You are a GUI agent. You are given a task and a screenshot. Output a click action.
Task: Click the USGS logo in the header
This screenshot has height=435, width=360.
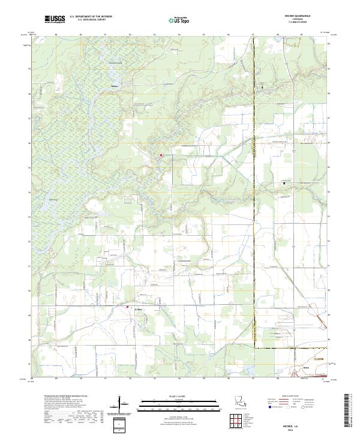[55, 19]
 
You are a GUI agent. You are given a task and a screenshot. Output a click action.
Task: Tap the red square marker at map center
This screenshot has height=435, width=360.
[161, 155]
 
